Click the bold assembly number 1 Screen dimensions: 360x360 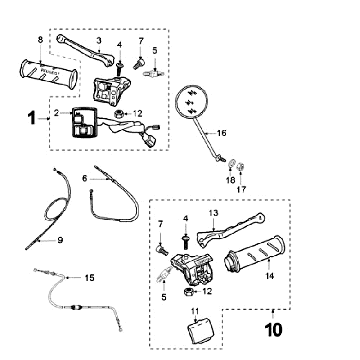pos(32,118)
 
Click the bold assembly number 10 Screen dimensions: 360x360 pos(274,330)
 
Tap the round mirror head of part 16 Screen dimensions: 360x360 pos(191,101)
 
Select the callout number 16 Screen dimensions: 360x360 pos(221,133)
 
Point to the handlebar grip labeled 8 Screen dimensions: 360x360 pos(49,74)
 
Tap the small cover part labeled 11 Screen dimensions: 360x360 pos(200,330)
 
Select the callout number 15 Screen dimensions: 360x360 pos(89,278)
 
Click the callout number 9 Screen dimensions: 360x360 pos(60,240)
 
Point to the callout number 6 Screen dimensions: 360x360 pos(84,179)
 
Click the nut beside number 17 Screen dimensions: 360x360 pos(240,165)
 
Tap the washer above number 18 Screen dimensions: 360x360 pos(231,165)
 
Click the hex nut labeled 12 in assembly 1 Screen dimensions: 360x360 pos(118,114)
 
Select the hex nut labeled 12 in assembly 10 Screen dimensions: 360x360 pos(187,292)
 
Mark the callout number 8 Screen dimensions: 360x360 pos(40,40)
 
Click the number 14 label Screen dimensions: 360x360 pos(270,276)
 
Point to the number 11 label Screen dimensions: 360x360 pos(195,311)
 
